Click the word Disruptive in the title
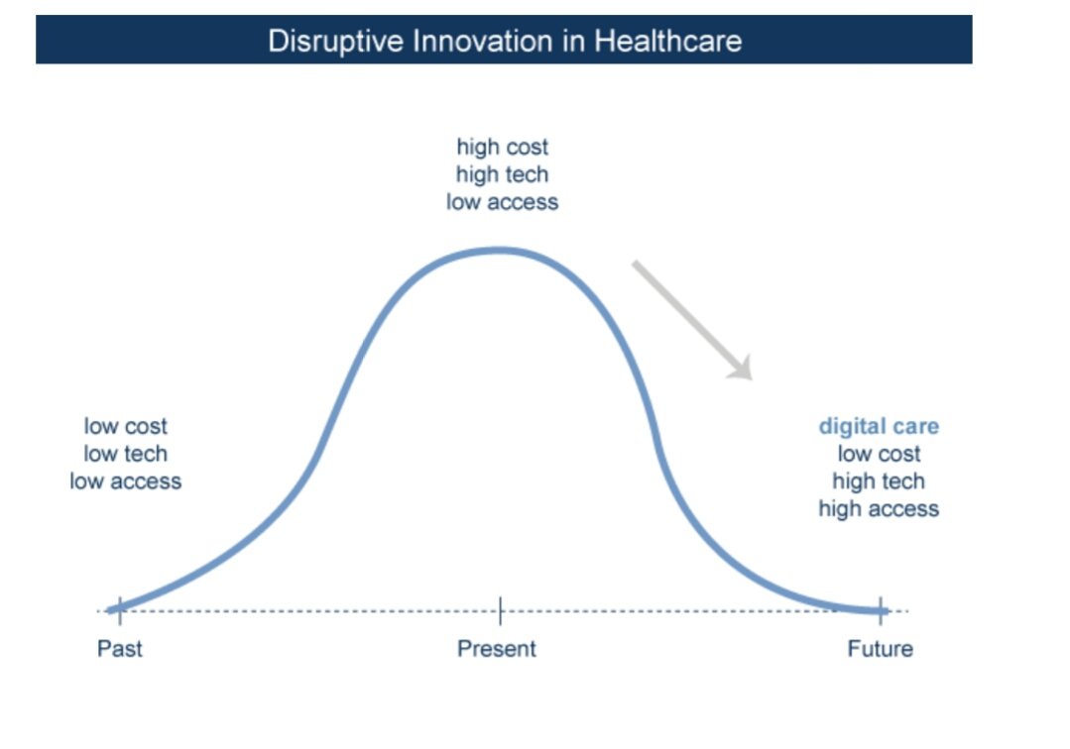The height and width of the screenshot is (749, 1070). (x=336, y=42)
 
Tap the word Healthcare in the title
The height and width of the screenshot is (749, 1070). (x=667, y=41)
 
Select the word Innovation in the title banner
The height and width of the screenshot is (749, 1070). (x=483, y=41)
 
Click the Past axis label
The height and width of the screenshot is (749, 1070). (x=119, y=648)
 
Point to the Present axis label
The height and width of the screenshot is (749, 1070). (x=496, y=648)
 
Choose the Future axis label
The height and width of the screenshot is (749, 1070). (x=880, y=648)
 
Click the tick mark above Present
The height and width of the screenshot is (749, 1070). (x=500, y=610)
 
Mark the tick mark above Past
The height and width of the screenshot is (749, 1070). (x=120, y=610)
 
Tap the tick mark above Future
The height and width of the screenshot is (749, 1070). (x=881, y=610)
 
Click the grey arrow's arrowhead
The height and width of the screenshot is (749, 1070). (x=743, y=370)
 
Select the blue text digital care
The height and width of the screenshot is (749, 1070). (x=879, y=426)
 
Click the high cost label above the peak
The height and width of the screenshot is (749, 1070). (x=502, y=147)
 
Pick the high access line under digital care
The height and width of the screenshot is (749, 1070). (x=879, y=509)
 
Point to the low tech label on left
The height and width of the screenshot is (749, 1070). (x=126, y=453)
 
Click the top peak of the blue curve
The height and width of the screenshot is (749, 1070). (x=500, y=251)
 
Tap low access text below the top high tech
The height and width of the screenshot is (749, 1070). (x=502, y=202)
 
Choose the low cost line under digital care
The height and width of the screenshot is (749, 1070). (x=879, y=453)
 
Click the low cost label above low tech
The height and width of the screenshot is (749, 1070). (x=126, y=426)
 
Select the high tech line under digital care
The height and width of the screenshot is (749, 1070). (x=879, y=481)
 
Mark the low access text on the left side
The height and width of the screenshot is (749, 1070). (x=126, y=481)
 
